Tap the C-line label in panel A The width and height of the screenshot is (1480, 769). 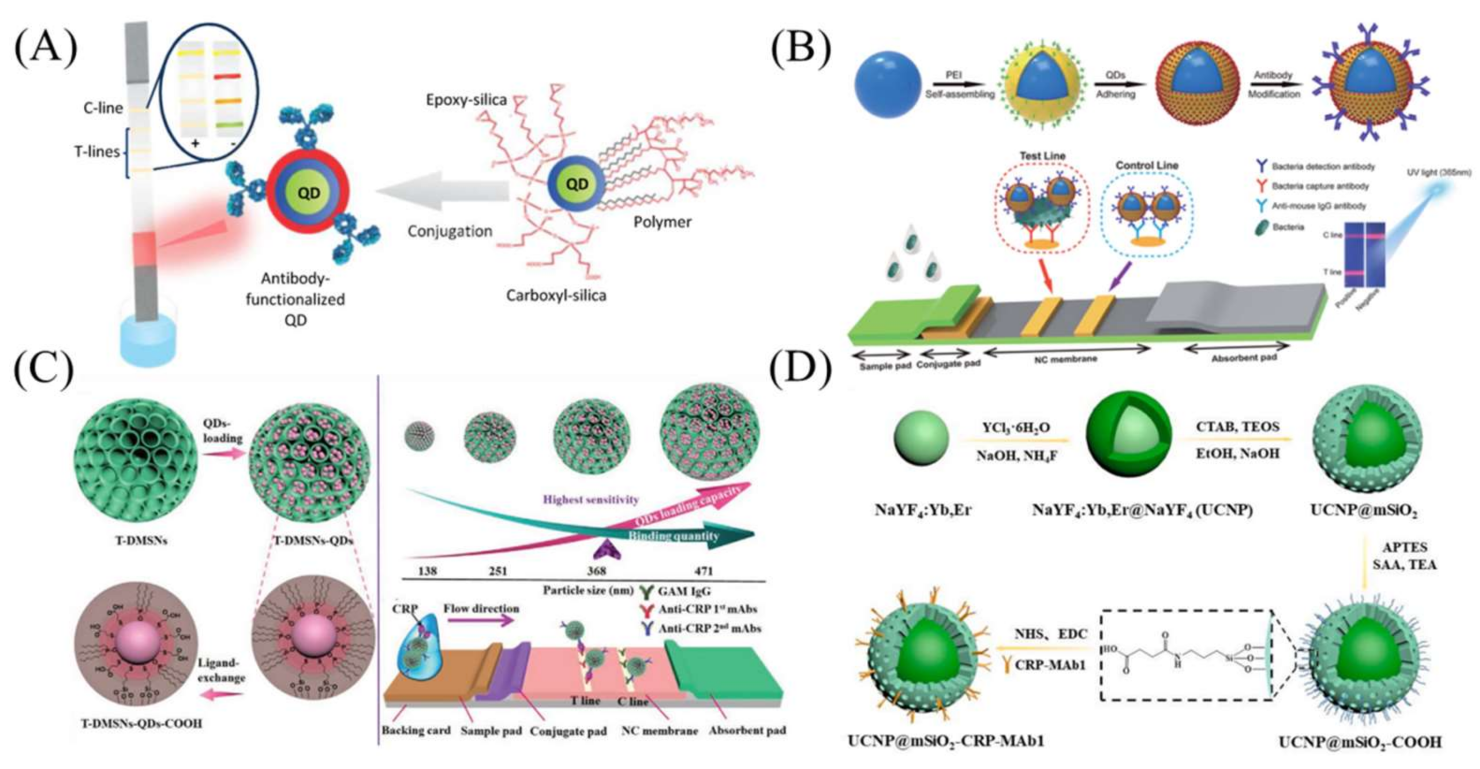coord(103,108)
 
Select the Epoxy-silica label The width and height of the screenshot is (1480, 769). coord(466,100)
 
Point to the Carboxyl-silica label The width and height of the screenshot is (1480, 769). coord(556,296)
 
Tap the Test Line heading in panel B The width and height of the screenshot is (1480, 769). coord(1042,156)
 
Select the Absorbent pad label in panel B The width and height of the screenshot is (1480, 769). coord(1244,357)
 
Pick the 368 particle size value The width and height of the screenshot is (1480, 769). coord(596,571)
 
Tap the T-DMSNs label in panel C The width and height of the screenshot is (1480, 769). coord(140,541)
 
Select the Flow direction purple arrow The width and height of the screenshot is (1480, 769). coord(480,621)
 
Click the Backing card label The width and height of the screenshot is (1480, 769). coord(416,731)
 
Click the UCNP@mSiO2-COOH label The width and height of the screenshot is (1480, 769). coord(1359,742)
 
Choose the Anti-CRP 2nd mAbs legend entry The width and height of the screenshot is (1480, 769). coord(709,628)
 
